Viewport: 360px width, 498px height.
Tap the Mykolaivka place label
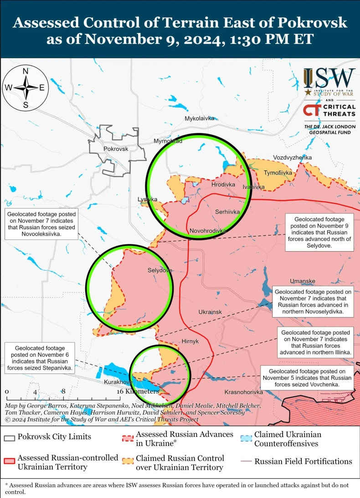(x=199, y=118)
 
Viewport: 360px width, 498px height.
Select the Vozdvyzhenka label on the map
(x=293, y=158)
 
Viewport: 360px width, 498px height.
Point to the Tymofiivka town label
(x=278, y=173)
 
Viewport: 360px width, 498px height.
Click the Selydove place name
(x=159, y=270)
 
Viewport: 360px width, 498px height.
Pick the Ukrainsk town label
(x=210, y=312)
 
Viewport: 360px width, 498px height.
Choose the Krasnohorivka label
(x=244, y=392)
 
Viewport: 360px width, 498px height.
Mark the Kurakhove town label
(x=118, y=381)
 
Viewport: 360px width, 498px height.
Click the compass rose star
(x=26, y=88)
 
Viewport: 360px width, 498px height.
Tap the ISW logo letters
(x=329, y=78)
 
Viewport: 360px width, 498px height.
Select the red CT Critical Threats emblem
(x=312, y=110)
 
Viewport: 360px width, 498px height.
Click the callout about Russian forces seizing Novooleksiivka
(x=41, y=224)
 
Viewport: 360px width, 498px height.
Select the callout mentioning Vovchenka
(x=306, y=378)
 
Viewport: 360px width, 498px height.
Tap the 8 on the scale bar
(x=64, y=391)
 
